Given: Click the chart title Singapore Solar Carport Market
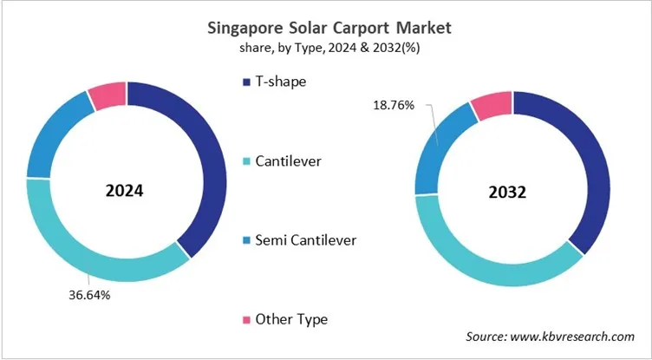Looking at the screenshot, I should coord(327,28).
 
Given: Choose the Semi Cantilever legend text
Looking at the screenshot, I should coord(305,239).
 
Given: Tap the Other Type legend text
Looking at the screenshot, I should coord(291,319).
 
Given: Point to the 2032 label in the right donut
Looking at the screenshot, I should coord(512,192).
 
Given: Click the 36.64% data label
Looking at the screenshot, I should coord(89,294).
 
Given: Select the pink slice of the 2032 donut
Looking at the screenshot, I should coord(490,106).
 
